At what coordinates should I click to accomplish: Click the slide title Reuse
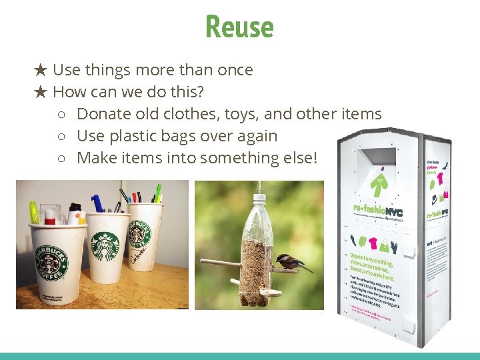239,27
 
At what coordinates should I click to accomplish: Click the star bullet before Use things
41,70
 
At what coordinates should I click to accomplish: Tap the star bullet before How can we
41,92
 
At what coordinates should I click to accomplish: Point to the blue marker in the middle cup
99,203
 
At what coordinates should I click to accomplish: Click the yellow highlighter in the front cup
33,212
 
